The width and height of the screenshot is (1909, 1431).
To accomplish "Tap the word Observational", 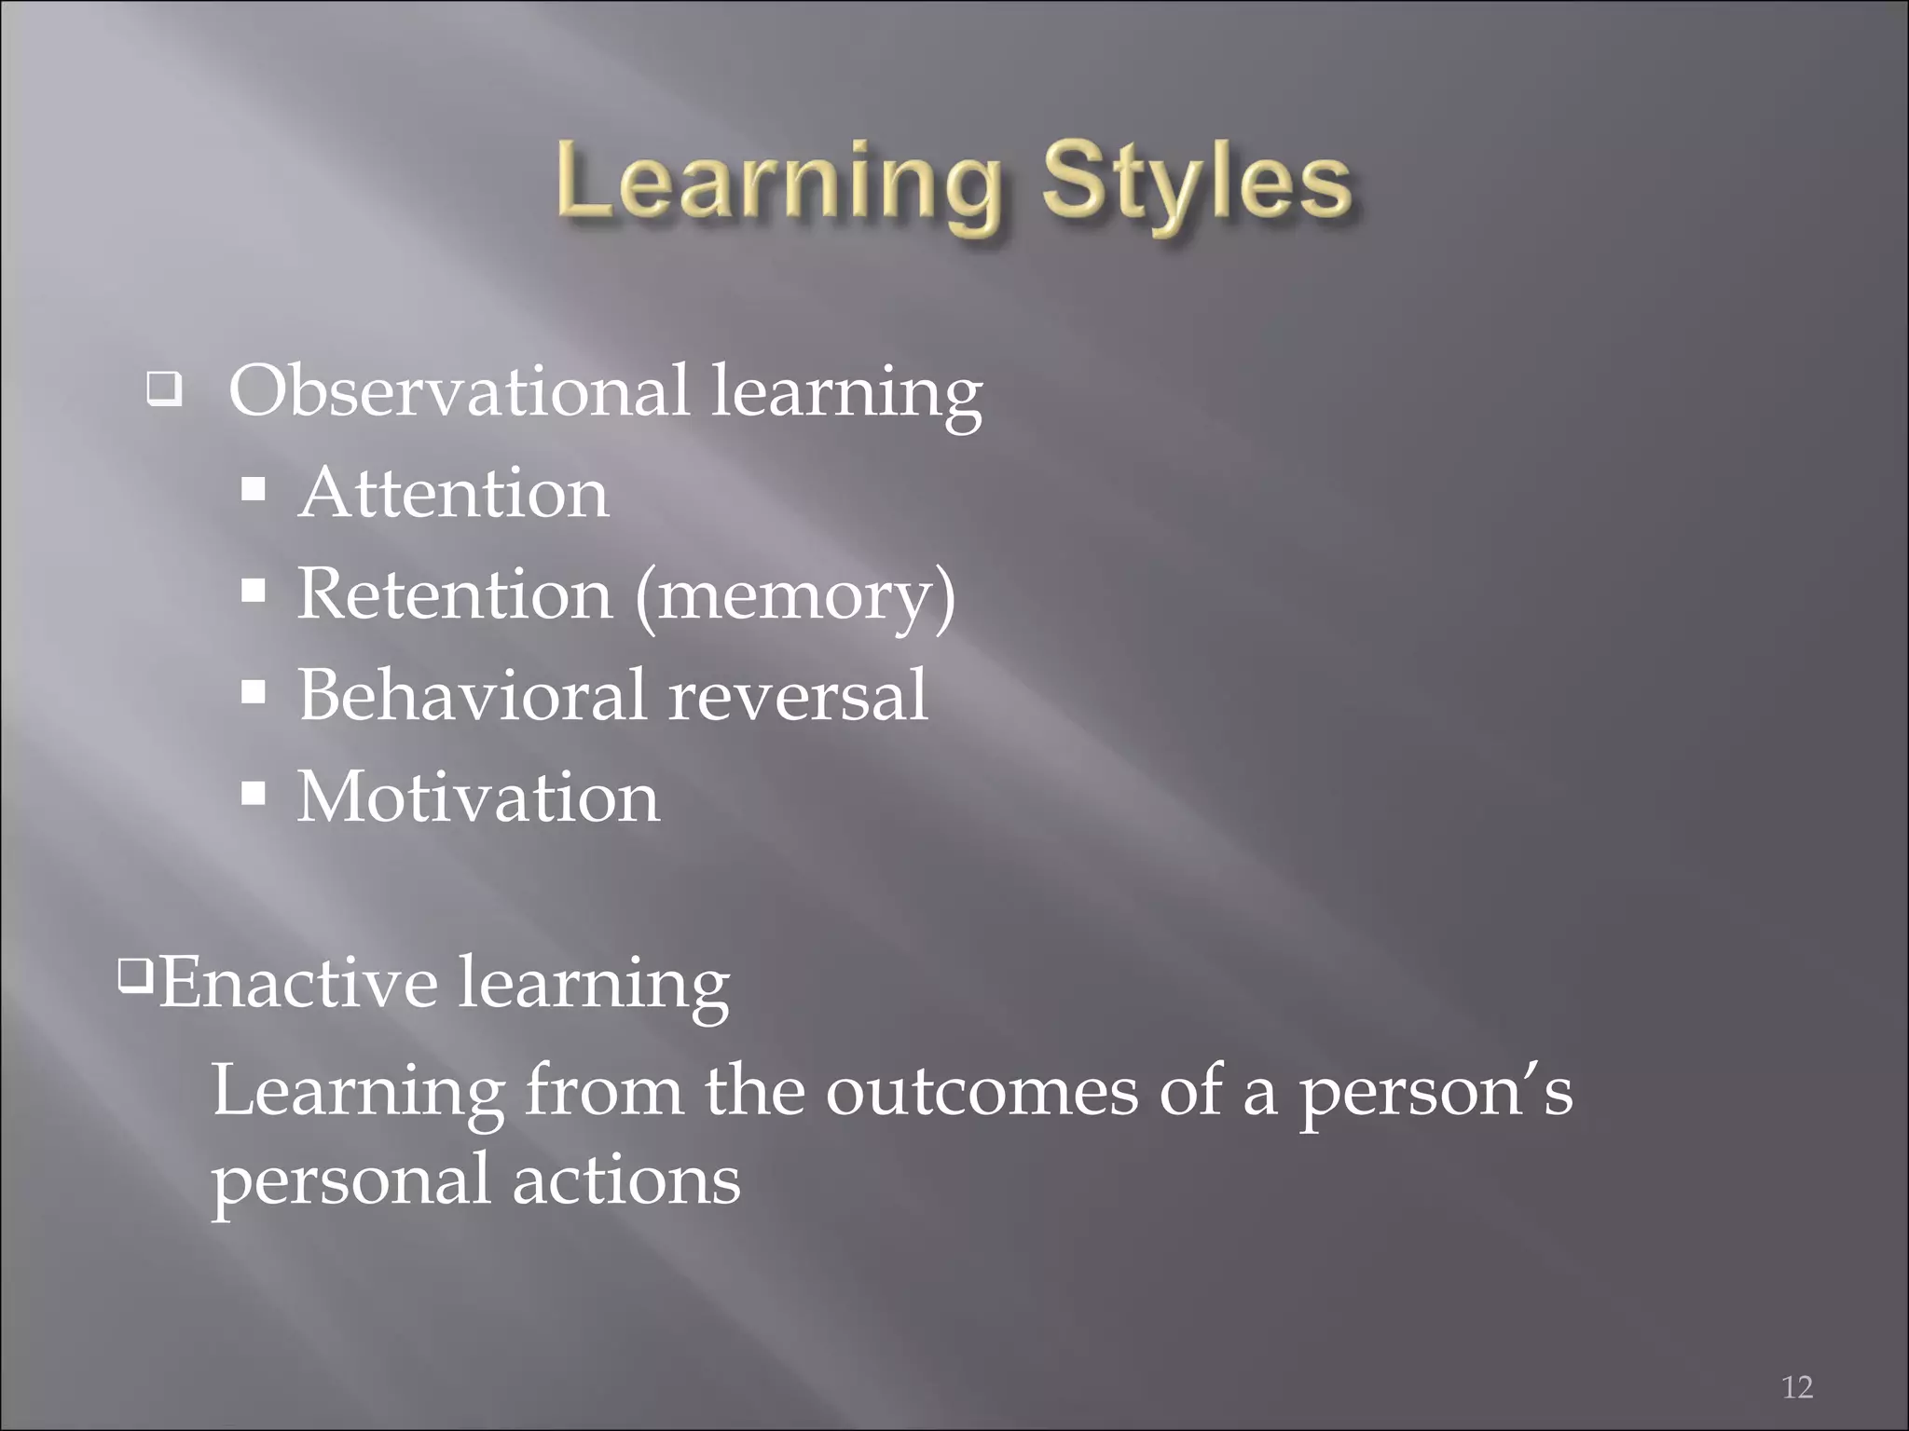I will point(459,390).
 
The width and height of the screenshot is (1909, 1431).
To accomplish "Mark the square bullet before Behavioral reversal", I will point(254,692).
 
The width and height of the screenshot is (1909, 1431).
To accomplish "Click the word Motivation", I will point(478,797).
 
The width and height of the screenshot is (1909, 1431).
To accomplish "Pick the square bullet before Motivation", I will point(254,795).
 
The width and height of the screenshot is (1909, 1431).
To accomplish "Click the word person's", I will point(1435,1092).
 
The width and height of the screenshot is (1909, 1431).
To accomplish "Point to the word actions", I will point(626,1179).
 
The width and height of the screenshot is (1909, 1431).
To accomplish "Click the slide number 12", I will point(1797,1387).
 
